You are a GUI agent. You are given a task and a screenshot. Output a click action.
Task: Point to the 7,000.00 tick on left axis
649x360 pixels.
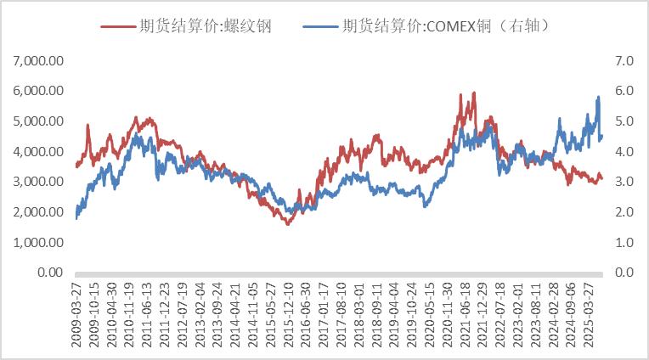(x=37, y=60)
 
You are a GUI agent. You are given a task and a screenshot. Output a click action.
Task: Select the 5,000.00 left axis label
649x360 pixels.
(x=37, y=121)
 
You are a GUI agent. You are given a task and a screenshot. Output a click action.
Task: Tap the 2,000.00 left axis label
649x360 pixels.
(x=37, y=212)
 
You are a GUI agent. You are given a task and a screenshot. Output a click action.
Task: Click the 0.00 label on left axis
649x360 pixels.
(x=47, y=273)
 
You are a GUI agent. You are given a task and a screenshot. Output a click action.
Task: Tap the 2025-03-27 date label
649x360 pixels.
(x=586, y=314)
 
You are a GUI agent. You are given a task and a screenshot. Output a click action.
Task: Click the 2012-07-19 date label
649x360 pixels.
(x=182, y=314)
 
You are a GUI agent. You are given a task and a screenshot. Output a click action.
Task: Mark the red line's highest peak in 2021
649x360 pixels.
(x=474, y=93)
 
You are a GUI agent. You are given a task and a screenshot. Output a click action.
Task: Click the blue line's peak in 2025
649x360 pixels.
(x=598, y=97)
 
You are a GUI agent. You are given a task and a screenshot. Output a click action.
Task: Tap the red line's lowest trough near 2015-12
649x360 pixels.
(x=287, y=224)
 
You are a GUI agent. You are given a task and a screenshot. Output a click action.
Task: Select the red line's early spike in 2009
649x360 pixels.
(x=88, y=125)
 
